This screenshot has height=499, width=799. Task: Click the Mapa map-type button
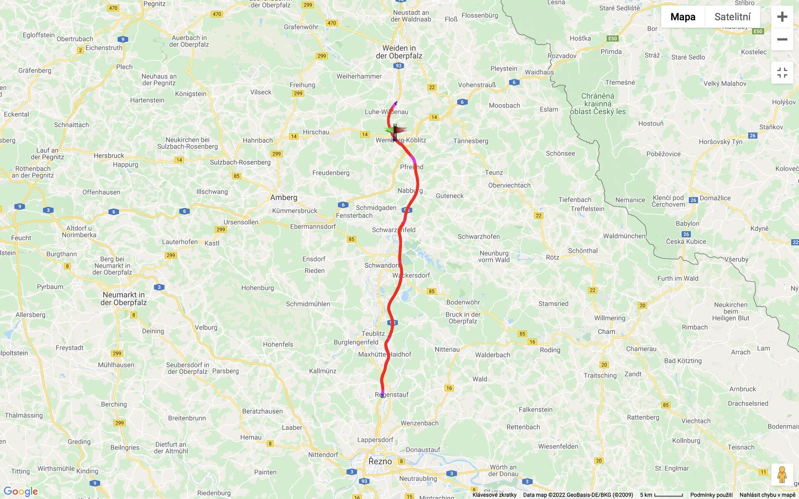point(682,17)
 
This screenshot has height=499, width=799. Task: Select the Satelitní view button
point(732,17)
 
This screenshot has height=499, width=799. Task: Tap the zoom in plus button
point(782,17)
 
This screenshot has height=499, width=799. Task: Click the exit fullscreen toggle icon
point(782,73)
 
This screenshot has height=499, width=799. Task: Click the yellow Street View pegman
point(782,474)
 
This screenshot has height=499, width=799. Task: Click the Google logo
point(21,492)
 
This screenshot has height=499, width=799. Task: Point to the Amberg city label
point(284,198)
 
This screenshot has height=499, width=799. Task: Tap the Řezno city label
point(380,461)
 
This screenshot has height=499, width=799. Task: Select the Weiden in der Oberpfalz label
point(399,52)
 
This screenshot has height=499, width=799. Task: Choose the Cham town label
point(606,332)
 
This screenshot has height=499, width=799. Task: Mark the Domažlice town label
point(715,198)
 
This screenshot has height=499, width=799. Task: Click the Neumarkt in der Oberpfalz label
point(124,299)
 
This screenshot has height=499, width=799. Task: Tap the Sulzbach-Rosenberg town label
point(240,162)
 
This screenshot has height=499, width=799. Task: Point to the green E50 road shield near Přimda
point(613,39)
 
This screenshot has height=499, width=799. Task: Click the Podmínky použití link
point(711,495)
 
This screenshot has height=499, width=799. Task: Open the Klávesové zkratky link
point(494,495)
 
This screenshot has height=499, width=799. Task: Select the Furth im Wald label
point(678,279)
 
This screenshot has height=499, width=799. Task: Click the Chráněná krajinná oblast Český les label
point(598,104)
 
